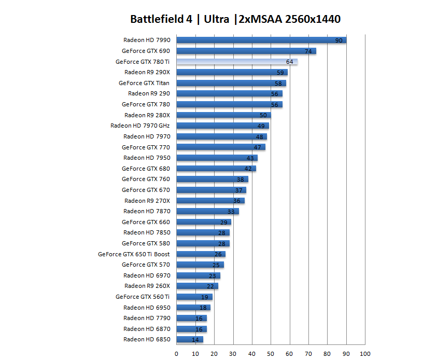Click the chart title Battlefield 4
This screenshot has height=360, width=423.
pyautogui.click(x=235, y=20)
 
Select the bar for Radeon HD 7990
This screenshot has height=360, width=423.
pyautogui.click(x=261, y=40)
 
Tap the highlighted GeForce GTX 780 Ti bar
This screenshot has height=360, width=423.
pyautogui.click(x=237, y=62)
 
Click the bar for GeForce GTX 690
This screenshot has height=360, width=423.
pyautogui.click(x=246, y=51)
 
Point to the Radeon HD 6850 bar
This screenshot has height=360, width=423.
pyautogui.click(x=190, y=340)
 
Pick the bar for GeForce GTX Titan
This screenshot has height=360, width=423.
pyautogui.click(x=231, y=83)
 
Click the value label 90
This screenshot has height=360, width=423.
pyautogui.click(x=339, y=40)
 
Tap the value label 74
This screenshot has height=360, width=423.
pyautogui.click(x=308, y=51)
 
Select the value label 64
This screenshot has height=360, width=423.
pyautogui.click(x=289, y=62)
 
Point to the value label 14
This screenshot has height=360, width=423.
pyautogui.click(x=195, y=340)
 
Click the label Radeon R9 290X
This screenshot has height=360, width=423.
pyautogui.click(x=147, y=73)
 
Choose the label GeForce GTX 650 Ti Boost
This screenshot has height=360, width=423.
pyautogui.click(x=134, y=254)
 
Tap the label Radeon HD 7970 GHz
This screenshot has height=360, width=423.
pyautogui.click(x=140, y=126)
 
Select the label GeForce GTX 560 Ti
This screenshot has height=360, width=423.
pyautogui.click(x=143, y=297)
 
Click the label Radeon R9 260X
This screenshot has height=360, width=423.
pyautogui.click(x=147, y=286)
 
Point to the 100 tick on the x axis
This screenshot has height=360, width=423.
pyautogui.click(x=365, y=354)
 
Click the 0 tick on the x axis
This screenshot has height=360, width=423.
pyautogui.click(x=177, y=354)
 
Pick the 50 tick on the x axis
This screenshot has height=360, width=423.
pyautogui.click(x=271, y=354)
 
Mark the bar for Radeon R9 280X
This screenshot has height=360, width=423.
pyautogui.click(x=223, y=115)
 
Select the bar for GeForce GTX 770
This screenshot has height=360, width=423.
pyautogui.click(x=221, y=147)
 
